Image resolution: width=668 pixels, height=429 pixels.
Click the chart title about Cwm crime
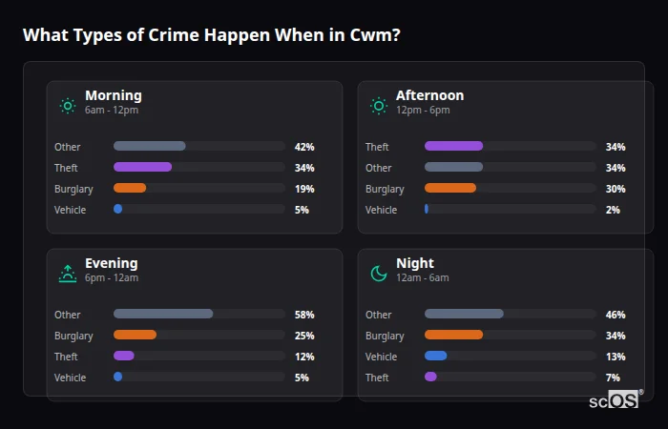tap(211, 35)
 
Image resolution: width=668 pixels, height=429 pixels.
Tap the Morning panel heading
tap(113, 95)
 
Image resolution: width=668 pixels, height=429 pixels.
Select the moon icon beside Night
tap(379, 274)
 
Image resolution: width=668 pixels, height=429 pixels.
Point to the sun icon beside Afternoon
tap(379, 106)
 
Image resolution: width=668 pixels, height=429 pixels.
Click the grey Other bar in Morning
tap(150, 147)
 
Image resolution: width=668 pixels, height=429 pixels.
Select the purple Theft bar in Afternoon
tap(453, 147)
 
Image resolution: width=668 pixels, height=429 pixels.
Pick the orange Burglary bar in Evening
tap(135, 336)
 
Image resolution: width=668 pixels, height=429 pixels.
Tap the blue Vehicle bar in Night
tap(435, 357)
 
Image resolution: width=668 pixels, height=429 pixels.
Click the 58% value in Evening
tap(304, 315)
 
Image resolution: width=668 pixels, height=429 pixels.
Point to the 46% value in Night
tap(616, 315)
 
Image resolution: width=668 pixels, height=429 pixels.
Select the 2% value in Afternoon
tap(613, 210)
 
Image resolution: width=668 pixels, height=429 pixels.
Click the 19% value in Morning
tap(304, 189)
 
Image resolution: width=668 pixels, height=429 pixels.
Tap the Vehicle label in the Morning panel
tap(71, 210)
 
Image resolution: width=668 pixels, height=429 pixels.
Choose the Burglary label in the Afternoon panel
tap(385, 189)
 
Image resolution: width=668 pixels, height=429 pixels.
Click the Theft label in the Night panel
tap(378, 378)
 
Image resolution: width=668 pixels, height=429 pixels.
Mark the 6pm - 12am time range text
tap(112, 277)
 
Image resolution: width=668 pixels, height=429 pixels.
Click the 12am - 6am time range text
tap(423, 277)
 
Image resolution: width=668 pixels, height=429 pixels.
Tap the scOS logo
tap(612, 399)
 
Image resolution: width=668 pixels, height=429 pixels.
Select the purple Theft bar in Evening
tap(124, 357)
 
